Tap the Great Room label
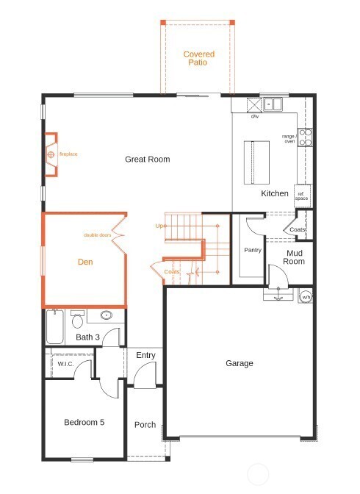(147, 160)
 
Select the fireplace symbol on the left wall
(51, 155)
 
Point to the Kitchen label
(275, 194)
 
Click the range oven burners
(303, 137)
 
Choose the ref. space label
(302, 196)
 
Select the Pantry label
(252, 251)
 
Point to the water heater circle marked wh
(306, 296)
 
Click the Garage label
(239, 363)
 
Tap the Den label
(86, 262)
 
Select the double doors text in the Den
(97, 235)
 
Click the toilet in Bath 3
(77, 321)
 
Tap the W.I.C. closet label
(66, 364)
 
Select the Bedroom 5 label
(84, 422)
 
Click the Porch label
(145, 425)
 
